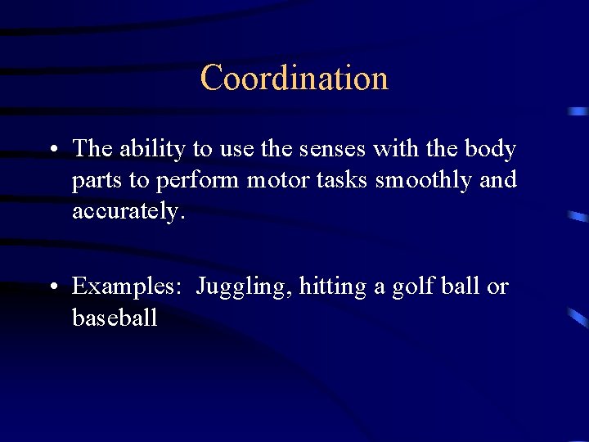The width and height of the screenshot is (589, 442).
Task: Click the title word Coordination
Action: coord(294,78)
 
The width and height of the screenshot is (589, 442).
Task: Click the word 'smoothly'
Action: coord(424,180)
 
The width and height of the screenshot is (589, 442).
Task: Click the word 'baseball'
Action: coord(115,318)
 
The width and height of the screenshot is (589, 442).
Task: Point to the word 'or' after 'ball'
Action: coord(497,287)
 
